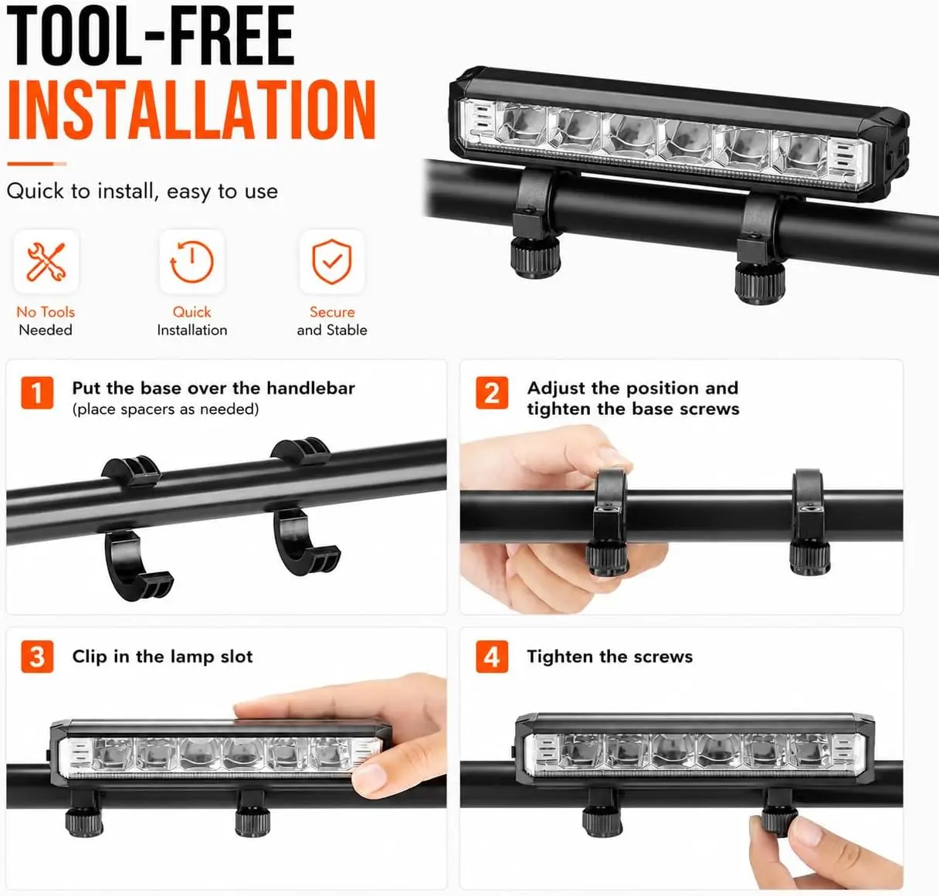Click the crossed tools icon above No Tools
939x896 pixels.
tap(46, 261)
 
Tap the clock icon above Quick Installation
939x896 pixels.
tap(192, 261)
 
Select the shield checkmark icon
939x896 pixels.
tap(332, 261)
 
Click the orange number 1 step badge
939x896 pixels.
tap(37, 393)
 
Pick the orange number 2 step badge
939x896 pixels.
tap(492, 393)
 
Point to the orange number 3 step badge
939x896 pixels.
tap(37, 656)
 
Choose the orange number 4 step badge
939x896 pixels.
tap(492, 656)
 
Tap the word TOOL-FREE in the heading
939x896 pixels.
tap(151, 36)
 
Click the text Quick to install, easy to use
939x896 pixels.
tap(142, 191)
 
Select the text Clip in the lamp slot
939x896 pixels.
tap(162, 656)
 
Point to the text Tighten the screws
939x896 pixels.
tap(610, 656)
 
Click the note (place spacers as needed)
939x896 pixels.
tap(166, 409)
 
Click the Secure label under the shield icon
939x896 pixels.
tap(332, 312)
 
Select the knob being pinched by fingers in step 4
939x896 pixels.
tap(779, 820)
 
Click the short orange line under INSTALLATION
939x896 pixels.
tap(37, 164)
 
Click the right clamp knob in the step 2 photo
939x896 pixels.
tap(809, 557)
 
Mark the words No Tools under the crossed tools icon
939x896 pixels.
tap(46, 312)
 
